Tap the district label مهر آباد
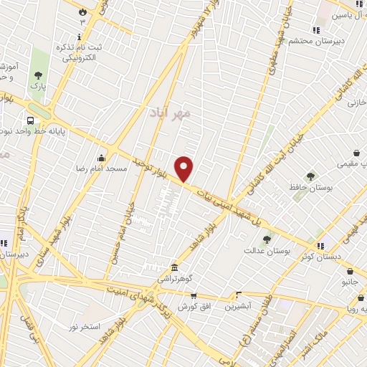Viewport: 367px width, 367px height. point(171,113)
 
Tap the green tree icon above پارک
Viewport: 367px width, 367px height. point(37,75)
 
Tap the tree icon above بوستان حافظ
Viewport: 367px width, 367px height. point(310,176)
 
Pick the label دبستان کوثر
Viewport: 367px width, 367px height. point(320,256)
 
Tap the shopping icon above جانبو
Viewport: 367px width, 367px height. point(349,272)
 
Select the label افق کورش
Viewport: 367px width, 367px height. point(188,307)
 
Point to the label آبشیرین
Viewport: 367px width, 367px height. point(239,306)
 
